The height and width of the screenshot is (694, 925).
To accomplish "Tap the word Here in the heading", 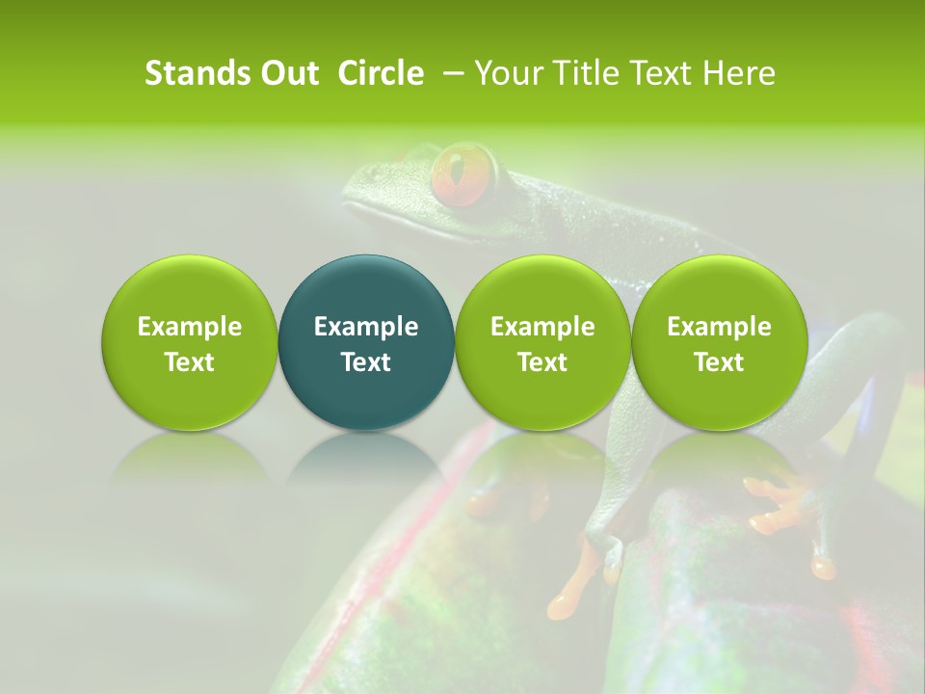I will [x=738, y=73].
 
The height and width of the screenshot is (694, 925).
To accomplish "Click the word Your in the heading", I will [x=506, y=73].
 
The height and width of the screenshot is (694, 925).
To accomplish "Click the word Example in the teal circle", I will [x=366, y=327].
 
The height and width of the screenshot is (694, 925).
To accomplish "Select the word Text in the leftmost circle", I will [x=190, y=362].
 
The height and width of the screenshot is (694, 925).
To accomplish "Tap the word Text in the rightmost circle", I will [x=719, y=362].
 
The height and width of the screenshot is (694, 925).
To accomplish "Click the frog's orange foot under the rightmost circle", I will [x=776, y=506].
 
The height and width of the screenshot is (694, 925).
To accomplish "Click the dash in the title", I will [x=451, y=73].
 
